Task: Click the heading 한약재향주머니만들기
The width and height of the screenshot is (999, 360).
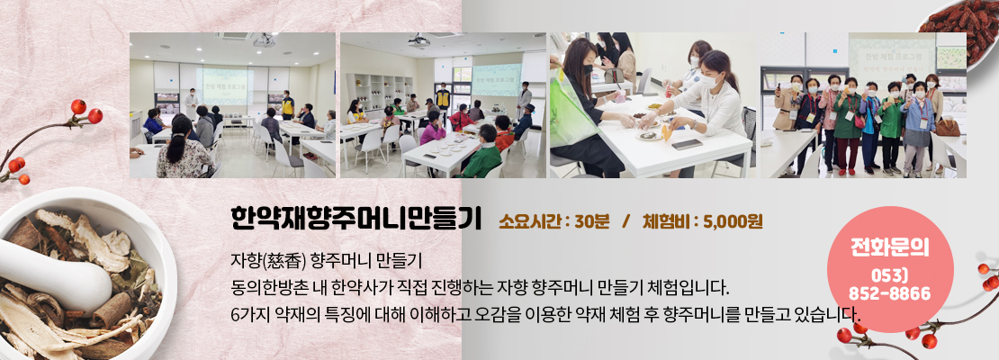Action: point(355,219)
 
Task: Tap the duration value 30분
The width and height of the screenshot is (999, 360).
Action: point(592,221)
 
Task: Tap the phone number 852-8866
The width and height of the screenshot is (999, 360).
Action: point(889,293)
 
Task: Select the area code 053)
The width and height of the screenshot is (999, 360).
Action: point(889,276)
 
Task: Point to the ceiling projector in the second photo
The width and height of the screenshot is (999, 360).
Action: point(418,41)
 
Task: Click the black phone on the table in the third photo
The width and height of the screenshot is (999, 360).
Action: point(687,145)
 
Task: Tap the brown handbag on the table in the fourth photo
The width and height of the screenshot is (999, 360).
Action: point(948,127)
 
